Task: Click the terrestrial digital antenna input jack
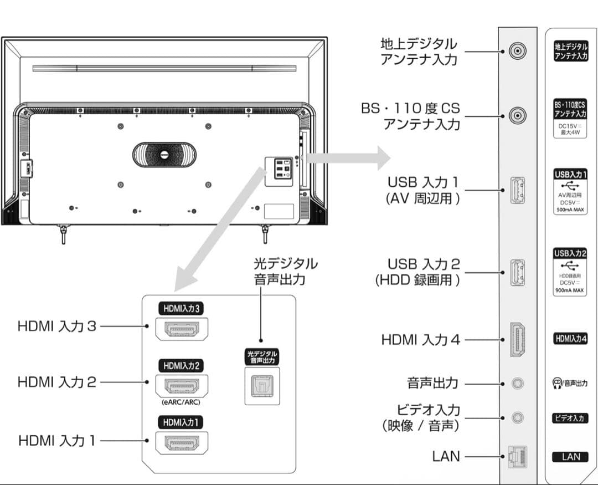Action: [x=517, y=52]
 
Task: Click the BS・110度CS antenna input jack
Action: [x=517, y=116]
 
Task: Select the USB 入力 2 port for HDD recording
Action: [x=517, y=272]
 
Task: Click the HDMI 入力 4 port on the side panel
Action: [x=517, y=339]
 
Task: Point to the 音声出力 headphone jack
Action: [x=517, y=383]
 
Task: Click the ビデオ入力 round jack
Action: [x=517, y=417]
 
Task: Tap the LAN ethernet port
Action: [x=517, y=456]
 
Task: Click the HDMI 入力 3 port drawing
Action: [x=181, y=330]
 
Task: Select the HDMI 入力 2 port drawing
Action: [x=181, y=386]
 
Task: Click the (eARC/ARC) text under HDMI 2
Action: [x=181, y=403]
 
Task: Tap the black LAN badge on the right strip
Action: [x=570, y=457]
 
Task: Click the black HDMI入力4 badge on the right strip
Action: [x=570, y=339]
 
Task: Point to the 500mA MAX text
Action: [x=570, y=210]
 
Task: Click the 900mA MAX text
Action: [x=570, y=290]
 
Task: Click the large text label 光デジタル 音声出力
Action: [x=279, y=270]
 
